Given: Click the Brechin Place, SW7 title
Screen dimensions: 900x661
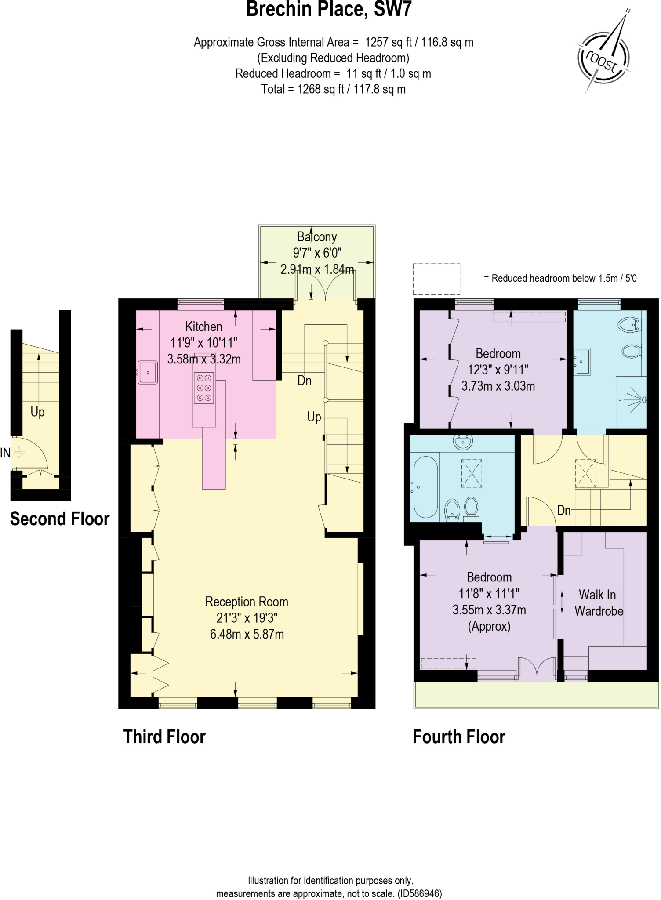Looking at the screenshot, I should coord(329,10).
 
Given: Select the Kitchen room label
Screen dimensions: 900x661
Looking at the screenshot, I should coord(203,327).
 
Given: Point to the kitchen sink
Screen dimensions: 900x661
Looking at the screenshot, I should coord(148,372).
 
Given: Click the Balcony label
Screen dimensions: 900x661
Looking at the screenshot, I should coord(317,237).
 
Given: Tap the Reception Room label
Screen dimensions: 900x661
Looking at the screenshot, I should coord(247,602).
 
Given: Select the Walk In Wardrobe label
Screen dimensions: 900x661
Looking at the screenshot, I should coord(598,602).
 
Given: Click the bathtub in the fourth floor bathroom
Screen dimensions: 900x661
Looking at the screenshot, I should coord(425,487).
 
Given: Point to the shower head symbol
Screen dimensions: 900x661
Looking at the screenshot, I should coord(643,399).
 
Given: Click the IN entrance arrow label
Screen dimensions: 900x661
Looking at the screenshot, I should coord(5,453).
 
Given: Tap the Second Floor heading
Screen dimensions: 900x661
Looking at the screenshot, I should coord(59,519).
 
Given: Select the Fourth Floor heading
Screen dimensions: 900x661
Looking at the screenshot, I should coord(459,737).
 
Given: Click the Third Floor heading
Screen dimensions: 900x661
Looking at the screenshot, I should coord(164,737).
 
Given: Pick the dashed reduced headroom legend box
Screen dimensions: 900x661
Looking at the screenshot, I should coord(436,279).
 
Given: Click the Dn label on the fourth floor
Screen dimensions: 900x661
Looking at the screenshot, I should coord(563,510).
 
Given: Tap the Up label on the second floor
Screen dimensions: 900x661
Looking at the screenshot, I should coord(37,412).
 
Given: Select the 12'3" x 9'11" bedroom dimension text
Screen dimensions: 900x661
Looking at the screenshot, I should coord(498,370).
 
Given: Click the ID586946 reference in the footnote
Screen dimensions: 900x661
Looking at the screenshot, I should coord(420,893).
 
